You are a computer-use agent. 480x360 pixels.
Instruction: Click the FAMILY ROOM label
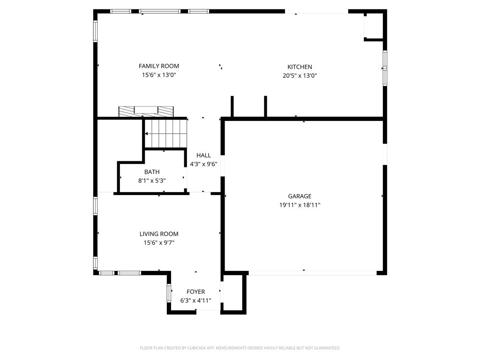pyautogui.click(x=158, y=66)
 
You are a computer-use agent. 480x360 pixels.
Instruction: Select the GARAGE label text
pyautogui.click(x=300, y=196)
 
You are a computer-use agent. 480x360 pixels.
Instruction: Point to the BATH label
pyautogui.click(x=152, y=172)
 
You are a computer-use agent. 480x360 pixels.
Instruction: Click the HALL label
pyautogui.click(x=203, y=155)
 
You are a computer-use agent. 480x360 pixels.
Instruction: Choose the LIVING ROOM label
pyautogui.click(x=159, y=234)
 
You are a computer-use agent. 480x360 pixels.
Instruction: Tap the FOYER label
pyautogui.click(x=196, y=292)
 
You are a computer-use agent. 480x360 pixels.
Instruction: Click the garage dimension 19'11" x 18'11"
pyautogui.click(x=300, y=205)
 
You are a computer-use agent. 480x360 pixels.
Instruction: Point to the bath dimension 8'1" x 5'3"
pyautogui.click(x=152, y=180)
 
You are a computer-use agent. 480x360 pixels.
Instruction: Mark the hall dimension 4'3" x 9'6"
pyautogui.click(x=203, y=164)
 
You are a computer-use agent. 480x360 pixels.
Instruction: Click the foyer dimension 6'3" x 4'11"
pyautogui.click(x=196, y=300)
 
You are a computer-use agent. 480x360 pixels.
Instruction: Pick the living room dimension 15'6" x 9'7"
pyautogui.click(x=159, y=242)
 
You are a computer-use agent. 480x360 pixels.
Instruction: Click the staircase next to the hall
pyautogui.click(x=165, y=133)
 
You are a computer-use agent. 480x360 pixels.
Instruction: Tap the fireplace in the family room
pyautogui.click(x=146, y=112)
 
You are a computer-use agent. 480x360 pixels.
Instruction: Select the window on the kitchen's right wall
pyautogui.click(x=385, y=68)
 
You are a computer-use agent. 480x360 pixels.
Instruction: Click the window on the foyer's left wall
pyautogui.click(x=169, y=293)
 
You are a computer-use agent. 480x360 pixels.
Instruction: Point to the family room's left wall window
pyautogui.click(x=95, y=31)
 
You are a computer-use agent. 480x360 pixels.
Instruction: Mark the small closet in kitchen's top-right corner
pyautogui.click(x=374, y=26)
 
